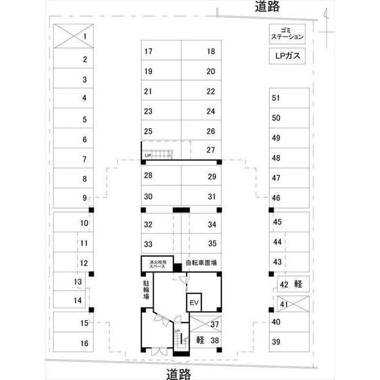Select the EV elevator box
(194, 303)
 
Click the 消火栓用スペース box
(158, 264)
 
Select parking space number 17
(160, 51)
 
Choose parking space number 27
(200, 150)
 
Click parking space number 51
(289, 98)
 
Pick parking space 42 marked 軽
(290, 284)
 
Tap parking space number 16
(72, 343)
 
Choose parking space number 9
(72, 198)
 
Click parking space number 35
(200, 243)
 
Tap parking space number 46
(289, 198)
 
